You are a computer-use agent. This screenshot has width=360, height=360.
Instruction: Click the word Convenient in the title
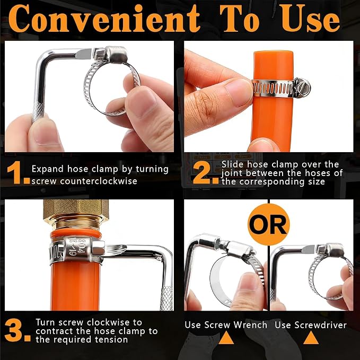(x=104, y=19)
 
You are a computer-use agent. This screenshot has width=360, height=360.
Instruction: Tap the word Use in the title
(x=311, y=19)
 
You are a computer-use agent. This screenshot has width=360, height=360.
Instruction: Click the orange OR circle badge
(x=269, y=224)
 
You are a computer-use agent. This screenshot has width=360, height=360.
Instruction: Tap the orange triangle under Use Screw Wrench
(x=226, y=338)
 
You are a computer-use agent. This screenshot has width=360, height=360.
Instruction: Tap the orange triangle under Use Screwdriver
(x=311, y=338)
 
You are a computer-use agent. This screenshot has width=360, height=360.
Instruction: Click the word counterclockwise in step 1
(x=99, y=181)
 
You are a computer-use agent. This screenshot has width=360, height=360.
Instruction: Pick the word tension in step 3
(x=111, y=339)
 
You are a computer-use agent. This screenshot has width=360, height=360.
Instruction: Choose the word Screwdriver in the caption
(x=321, y=325)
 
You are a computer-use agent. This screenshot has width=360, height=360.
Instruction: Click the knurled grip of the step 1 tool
(x=38, y=112)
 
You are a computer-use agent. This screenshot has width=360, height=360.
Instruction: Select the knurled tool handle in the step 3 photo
(x=166, y=298)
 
